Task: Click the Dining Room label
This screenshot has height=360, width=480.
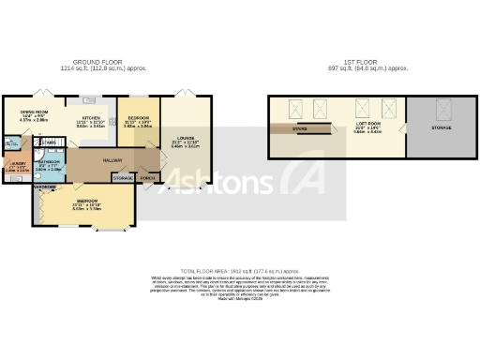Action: click(x=34, y=112)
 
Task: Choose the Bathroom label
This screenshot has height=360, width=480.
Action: click(x=49, y=162)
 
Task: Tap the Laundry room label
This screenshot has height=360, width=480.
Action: click(x=17, y=163)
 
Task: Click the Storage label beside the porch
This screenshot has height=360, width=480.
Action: click(x=123, y=177)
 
